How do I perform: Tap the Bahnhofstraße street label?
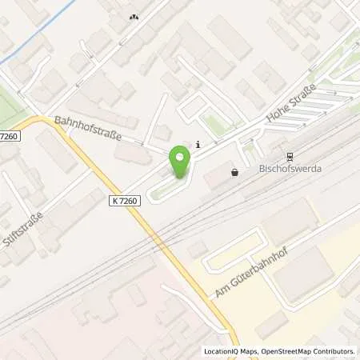89,129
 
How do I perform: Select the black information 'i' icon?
198,145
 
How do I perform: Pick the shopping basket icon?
234,171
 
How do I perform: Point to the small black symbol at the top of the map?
134,15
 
